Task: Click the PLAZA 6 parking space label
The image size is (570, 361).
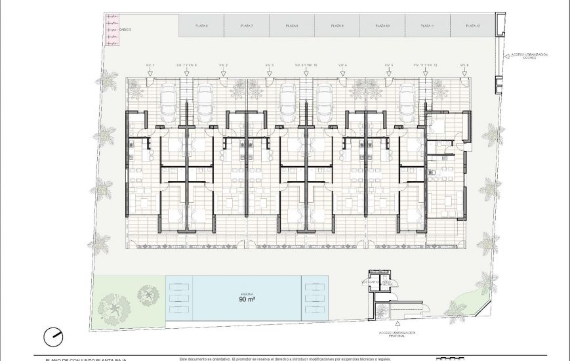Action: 201,26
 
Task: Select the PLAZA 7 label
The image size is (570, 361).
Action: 247,26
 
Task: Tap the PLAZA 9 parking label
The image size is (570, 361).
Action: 337,26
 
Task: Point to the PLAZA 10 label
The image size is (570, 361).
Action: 382,26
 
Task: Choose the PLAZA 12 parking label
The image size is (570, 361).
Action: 473,26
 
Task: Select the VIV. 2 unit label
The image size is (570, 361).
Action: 223,66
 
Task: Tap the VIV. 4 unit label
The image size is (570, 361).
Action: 342,66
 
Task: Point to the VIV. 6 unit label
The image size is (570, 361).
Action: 464,66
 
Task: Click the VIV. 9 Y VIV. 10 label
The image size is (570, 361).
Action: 306,66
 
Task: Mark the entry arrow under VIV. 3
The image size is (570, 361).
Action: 269,74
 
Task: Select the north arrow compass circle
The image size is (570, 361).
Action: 53,337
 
